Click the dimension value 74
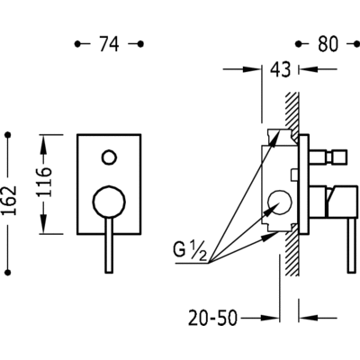click(109, 44)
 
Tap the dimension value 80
click(328, 44)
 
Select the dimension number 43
click(281, 69)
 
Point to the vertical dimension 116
click(44, 182)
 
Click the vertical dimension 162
click(9, 200)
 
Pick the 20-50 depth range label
click(212, 318)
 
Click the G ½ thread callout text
click(190, 251)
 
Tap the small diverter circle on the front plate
click(109, 157)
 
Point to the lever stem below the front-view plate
click(109, 245)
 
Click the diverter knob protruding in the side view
click(328, 157)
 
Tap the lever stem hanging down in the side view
click(352, 245)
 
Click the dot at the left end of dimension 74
click(77, 44)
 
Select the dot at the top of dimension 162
click(8, 135)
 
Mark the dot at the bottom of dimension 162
click(8, 273)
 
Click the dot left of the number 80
click(298, 44)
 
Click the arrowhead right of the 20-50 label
click(269, 318)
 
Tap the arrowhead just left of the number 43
click(251, 69)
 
